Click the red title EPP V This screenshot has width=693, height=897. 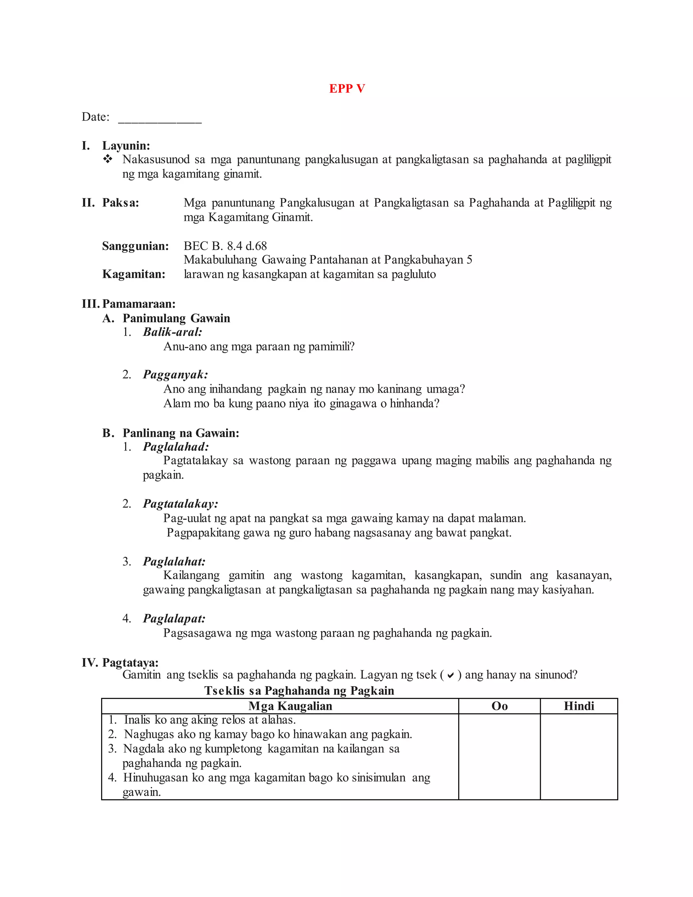(347, 89)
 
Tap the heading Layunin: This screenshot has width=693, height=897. (126, 146)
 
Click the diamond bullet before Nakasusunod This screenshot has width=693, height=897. (108, 159)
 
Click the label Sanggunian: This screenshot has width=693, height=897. (135, 246)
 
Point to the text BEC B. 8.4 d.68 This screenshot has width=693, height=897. (225, 246)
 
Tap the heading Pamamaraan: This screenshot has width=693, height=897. (139, 304)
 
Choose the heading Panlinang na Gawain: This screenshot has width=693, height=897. (181, 433)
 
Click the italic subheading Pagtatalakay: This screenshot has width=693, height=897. (180, 504)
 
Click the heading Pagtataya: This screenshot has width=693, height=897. (130, 662)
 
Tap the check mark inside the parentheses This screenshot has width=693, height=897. (450, 676)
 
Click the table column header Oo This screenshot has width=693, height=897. (499, 706)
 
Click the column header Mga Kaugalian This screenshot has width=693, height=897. (290, 706)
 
